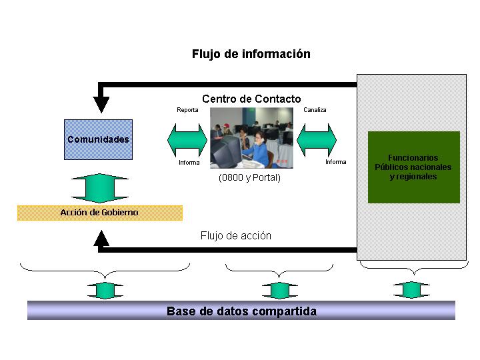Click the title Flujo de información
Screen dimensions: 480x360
251,54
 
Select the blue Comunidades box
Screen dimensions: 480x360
98,139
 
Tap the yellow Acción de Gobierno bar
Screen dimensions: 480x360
100,213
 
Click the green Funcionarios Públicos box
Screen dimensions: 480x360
414,167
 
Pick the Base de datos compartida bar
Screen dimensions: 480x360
241,311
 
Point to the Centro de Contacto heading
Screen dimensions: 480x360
251,99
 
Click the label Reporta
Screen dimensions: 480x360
187,110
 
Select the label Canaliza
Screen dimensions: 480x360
315,110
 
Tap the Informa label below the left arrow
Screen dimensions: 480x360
189,163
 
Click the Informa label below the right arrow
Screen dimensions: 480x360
336,162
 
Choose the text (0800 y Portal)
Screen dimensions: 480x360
249,177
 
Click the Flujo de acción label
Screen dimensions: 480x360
236,236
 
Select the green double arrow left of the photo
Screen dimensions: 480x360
187,140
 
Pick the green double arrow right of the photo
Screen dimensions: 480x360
317,140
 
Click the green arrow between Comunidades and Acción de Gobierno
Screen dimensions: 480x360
100,188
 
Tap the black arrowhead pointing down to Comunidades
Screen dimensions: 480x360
101,105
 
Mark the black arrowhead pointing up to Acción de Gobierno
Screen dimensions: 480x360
101,238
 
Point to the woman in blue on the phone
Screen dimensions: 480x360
259,150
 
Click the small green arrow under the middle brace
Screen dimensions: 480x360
280,291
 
